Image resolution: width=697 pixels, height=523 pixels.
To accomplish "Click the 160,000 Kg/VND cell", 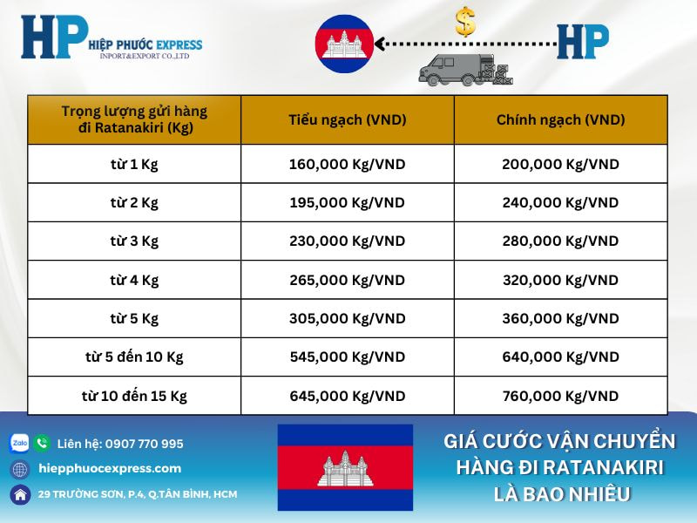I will [347, 164].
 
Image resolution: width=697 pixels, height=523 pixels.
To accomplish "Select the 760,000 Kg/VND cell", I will [560, 396].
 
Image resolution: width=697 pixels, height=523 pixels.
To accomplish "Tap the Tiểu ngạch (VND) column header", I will [347, 119].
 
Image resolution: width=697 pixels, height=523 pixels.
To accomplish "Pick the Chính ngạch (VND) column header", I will [560, 119].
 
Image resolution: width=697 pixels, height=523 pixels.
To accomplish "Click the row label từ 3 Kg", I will [134, 241].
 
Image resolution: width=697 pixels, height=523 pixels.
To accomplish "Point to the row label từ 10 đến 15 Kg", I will [134, 396].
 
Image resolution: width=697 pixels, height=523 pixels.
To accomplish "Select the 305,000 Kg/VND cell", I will [347, 318].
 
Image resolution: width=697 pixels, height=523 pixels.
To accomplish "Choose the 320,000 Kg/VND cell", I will [560, 280].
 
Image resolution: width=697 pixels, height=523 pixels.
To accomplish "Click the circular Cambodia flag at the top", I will [344, 44].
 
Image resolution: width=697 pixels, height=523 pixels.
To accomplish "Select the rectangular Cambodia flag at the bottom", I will [345, 467].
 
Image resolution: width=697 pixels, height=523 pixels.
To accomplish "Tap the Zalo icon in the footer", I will [19, 444].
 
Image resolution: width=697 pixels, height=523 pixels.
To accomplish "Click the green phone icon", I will [42, 444].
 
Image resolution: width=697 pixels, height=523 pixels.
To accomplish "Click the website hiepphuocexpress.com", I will [110, 468].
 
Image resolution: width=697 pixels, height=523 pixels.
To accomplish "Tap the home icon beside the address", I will [19, 494].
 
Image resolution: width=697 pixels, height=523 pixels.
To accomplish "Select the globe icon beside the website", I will [19, 469].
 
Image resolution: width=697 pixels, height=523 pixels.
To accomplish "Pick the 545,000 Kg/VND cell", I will [347, 357].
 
